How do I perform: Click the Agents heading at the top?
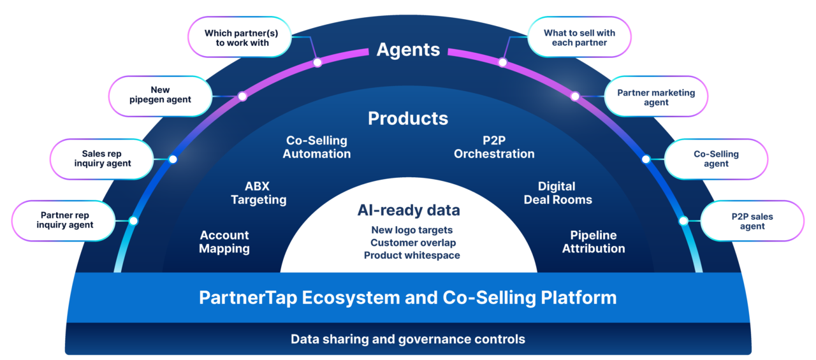click(x=408, y=50)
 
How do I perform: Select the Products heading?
click(x=408, y=119)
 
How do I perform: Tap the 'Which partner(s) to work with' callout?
click(x=237, y=38)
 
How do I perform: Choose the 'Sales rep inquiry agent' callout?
click(x=102, y=159)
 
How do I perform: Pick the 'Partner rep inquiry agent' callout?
click(x=64, y=220)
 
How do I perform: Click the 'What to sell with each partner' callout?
click(x=579, y=38)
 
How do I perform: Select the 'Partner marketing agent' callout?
click(x=655, y=97)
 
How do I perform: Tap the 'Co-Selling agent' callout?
click(x=716, y=159)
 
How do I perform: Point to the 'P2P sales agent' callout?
click(x=752, y=221)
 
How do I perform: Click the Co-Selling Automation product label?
click(x=317, y=147)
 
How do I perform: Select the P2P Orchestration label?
click(x=494, y=147)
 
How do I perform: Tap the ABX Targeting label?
click(x=258, y=193)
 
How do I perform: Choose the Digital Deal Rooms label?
click(x=557, y=193)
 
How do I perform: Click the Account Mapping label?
click(x=224, y=242)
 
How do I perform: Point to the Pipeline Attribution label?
click(x=593, y=242)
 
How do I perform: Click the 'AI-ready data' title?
click(x=409, y=210)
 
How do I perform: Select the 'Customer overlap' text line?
click(x=413, y=243)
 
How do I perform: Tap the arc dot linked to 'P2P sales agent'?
click(x=683, y=221)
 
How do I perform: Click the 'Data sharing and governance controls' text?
click(x=408, y=339)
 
